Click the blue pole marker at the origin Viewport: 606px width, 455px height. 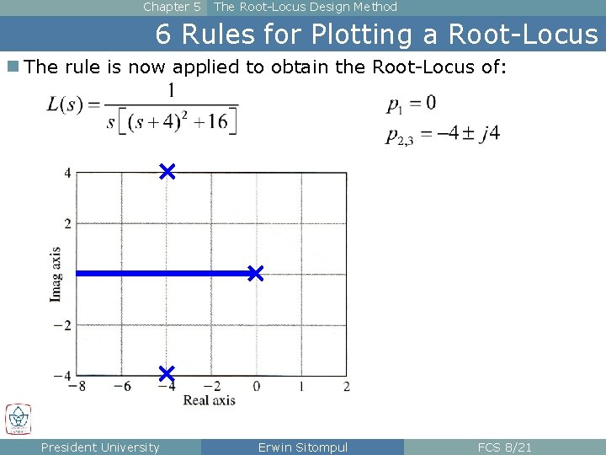[255, 273]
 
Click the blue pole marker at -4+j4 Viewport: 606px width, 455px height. [167, 172]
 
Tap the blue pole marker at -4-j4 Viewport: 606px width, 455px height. [166, 372]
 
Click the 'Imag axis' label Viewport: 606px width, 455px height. [56, 274]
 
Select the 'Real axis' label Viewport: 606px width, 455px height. [210, 400]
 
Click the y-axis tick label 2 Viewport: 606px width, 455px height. [66, 223]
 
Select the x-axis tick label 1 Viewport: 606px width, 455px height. [301, 387]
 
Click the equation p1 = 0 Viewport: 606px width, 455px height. [412, 104]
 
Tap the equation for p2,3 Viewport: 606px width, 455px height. [443, 135]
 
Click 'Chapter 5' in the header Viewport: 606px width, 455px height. [172, 7]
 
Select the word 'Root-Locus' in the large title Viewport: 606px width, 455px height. [523, 35]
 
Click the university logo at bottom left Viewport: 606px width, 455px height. [18, 419]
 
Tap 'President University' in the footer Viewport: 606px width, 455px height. [100, 447]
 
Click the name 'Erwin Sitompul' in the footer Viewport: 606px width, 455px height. [302, 447]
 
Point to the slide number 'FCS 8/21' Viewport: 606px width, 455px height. [504, 447]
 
